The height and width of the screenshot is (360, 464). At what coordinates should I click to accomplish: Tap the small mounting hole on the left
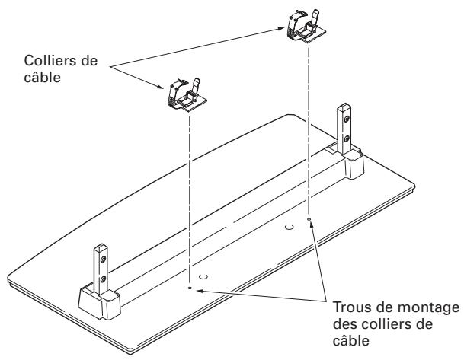(x=190, y=288)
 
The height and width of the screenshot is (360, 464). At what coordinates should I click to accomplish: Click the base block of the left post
(x=99, y=300)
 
